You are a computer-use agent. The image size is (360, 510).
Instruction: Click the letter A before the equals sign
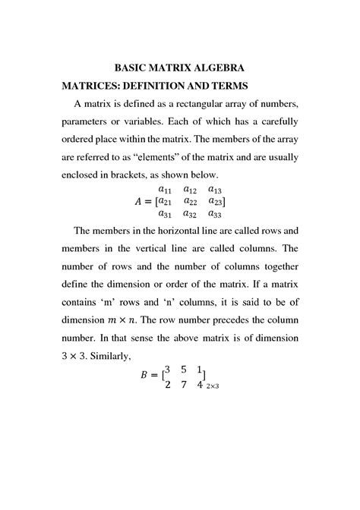(x=138, y=202)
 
